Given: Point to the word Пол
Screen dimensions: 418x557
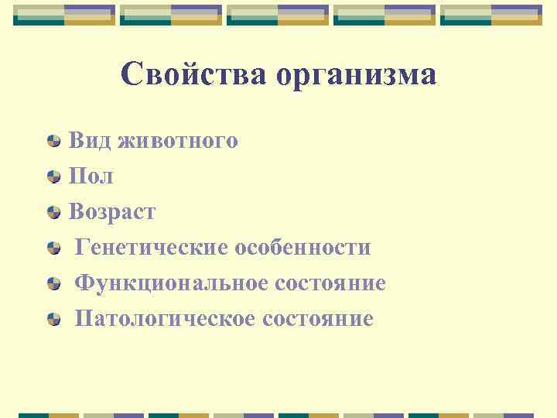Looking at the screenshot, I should point(91,176).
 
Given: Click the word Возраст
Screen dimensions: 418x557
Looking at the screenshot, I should point(112,212).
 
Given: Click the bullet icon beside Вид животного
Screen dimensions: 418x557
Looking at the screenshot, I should point(53,142).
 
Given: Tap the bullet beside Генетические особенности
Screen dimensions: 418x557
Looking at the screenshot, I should point(53,248).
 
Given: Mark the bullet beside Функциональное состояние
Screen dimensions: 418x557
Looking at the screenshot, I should point(53,284).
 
